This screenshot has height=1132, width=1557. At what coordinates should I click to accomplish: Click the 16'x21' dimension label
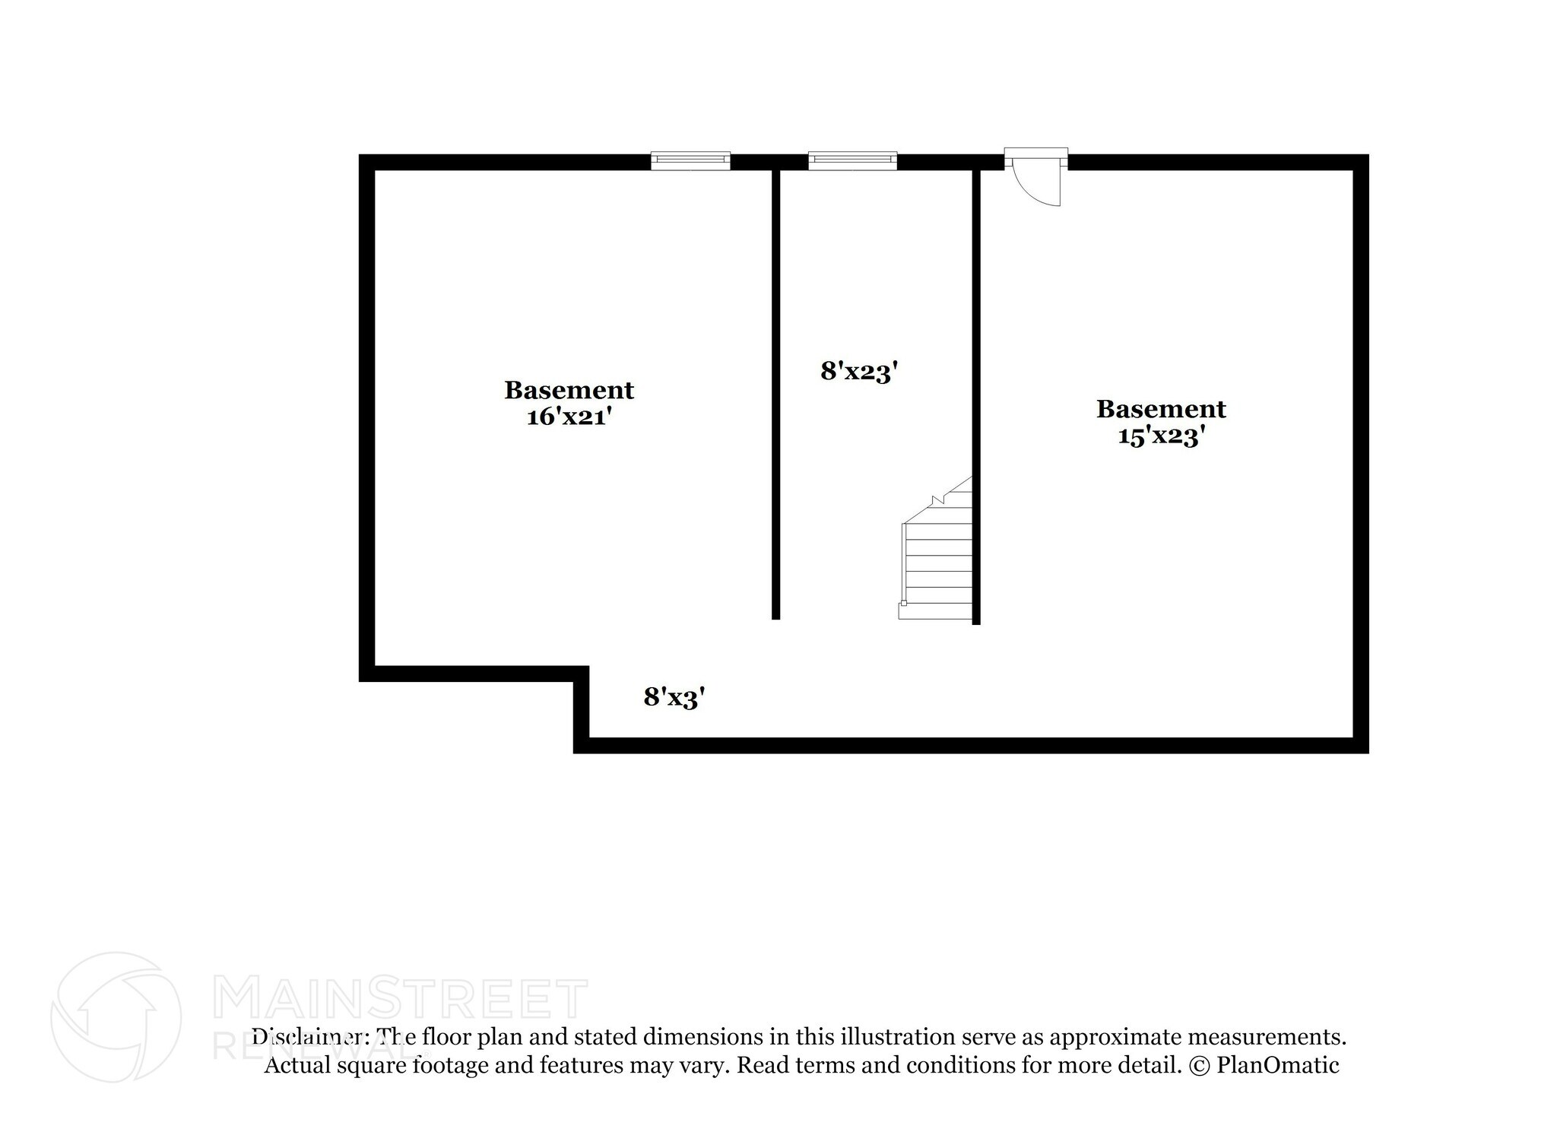(x=569, y=417)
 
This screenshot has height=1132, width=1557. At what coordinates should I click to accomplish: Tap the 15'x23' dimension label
(x=1161, y=436)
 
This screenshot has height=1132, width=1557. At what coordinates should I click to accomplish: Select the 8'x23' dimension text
(x=860, y=372)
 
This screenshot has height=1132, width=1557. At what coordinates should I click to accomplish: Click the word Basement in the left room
(x=569, y=390)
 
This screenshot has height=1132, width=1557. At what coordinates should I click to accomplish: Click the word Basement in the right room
(x=1161, y=409)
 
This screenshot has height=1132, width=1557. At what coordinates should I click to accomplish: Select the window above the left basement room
(x=690, y=160)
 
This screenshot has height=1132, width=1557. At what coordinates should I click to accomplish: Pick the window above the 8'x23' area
(x=852, y=160)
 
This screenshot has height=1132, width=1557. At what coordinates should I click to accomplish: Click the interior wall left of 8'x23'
(x=775, y=395)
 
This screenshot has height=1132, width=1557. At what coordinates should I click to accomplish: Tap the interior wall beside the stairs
(x=976, y=395)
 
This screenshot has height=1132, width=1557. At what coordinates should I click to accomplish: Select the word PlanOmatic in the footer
(x=1277, y=1065)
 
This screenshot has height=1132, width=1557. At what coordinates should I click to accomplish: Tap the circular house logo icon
(x=116, y=1016)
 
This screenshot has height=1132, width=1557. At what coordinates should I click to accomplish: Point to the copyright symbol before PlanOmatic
(x=1198, y=1065)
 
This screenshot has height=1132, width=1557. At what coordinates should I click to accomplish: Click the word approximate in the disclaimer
(x=1115, y=1037)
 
